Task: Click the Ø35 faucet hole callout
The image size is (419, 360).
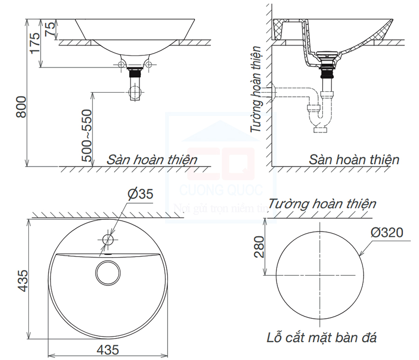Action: point(140,194)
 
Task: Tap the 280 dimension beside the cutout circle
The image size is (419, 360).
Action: point(259,247)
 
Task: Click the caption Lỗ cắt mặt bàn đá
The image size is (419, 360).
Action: point(322,337)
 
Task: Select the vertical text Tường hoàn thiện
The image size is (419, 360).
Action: point(256,90)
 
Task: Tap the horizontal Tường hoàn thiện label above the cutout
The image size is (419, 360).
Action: point(322,204)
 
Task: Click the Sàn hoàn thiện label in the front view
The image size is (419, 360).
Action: point(152,160)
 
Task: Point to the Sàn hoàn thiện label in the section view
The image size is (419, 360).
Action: point(354,160)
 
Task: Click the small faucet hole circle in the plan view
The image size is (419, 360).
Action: point(108,240)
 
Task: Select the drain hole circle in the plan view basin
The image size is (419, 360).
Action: point(108,272)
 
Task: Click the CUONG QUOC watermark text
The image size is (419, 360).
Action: point(221,190)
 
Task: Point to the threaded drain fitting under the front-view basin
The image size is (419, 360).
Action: point(135,73)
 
